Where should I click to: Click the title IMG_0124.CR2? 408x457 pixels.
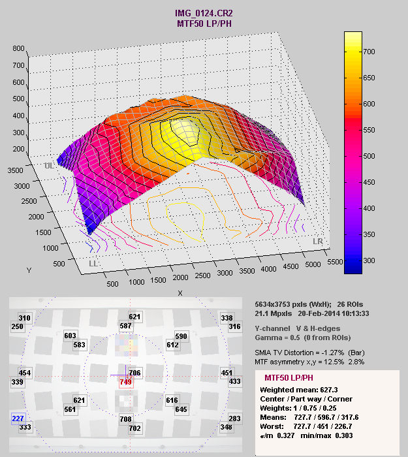coord(204,13)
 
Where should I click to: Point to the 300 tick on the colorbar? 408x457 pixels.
coord(372,260)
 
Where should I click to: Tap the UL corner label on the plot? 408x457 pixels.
coord(49,166)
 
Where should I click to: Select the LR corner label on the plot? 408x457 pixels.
coord(319,242)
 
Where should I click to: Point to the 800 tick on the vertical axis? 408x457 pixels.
coord(18,48)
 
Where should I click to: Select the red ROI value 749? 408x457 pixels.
coord(125,382)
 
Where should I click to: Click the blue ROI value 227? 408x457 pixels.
coord(18,418)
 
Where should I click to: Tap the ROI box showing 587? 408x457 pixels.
coord(125,326)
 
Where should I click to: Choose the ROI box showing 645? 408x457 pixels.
coord(181,409)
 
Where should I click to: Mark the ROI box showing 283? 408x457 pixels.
coord(234,418)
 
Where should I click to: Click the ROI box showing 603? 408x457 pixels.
coord(71,336)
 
